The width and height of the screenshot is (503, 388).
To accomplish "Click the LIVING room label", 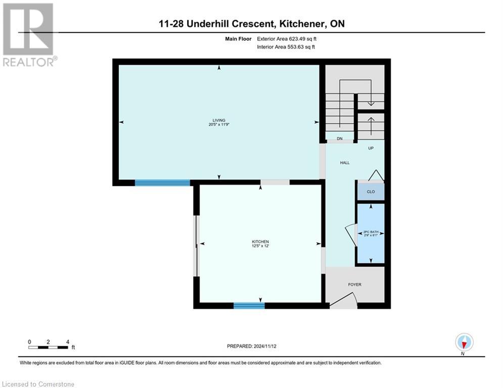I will (x=218, y=120).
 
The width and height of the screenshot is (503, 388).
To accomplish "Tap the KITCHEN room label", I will (x=260, y=242).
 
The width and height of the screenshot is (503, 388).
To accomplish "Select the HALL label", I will (x=344, y=163).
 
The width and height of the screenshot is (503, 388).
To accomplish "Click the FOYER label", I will (x=354, y=284).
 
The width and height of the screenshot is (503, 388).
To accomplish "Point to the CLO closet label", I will (x=371, y=192).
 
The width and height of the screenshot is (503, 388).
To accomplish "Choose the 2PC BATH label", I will (x=371, y=232).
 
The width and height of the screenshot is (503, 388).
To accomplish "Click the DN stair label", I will (x=340, y=138).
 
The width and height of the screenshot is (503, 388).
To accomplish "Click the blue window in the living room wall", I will (x=162, y=183).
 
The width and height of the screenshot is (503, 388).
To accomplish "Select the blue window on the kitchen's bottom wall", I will (x=249, y=305).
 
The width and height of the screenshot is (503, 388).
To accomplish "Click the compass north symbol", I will (x=464, y=343).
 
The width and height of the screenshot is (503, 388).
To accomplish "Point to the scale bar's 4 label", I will (x=67, y=342).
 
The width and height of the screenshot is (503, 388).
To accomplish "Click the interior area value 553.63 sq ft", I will (x=304, y=47).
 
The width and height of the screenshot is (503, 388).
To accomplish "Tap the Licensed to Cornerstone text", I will (x=38, y=384).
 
